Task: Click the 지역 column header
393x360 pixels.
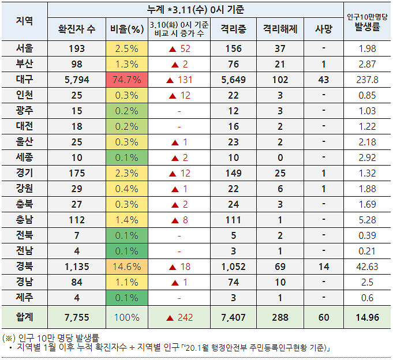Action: coord(25,21)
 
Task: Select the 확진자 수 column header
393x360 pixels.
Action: coord(77,29)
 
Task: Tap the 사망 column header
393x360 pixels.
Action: coord(324,29)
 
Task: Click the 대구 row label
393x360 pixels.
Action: coord(25,80)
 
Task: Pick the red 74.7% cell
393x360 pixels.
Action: coord(126,80)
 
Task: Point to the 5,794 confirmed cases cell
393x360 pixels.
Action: coord(77,80)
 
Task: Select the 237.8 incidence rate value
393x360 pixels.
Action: coord(368,80)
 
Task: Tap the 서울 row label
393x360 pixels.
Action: coord(25,48)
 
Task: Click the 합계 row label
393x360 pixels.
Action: coord(25,317)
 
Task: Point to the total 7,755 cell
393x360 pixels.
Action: coord(77,317)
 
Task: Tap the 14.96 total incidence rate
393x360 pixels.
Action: coord(368,317)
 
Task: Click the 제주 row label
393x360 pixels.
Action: coord(25,298)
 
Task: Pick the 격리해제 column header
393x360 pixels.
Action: coord(280,29)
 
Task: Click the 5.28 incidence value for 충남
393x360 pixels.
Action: coord(368,220)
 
